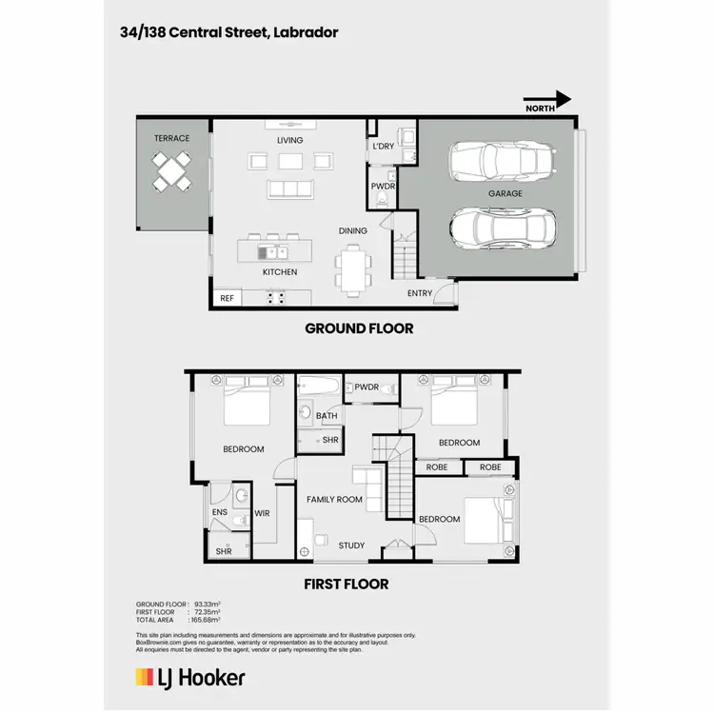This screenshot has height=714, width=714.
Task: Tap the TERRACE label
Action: [172, 138]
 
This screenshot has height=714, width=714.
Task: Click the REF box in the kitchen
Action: [227, 298]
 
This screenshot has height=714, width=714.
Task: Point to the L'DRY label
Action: [383, 146]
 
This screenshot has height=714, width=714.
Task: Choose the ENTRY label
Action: [420, 293]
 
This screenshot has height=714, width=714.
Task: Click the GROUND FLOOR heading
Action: [359, 328]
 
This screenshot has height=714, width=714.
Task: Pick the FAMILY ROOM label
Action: [334, 499]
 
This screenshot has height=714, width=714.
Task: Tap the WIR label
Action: [263, 514]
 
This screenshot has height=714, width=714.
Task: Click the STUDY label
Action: [351, 545]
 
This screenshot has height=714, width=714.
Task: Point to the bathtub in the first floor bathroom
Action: [317, 387]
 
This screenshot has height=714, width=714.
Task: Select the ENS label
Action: [219, 513]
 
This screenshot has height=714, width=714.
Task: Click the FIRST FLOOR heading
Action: [347, 584]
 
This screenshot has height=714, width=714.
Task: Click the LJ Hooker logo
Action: [190, 678]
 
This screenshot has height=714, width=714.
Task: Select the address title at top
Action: [228, 32]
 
